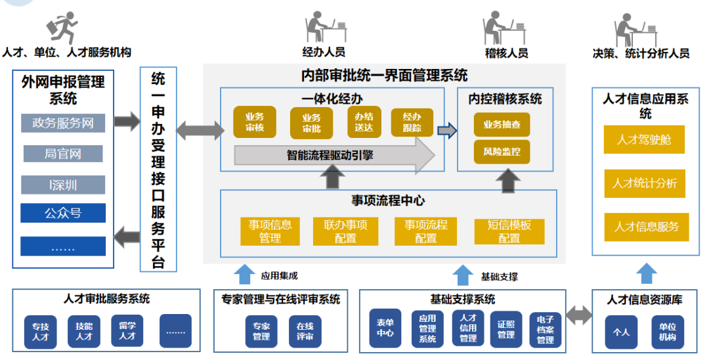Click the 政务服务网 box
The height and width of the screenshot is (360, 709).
click(63, 123)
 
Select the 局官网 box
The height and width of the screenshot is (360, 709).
click(63, 154)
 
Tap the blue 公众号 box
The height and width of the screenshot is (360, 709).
click(63, 212)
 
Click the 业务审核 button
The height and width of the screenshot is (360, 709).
click(254, 122)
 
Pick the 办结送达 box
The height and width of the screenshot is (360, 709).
click(364, 122)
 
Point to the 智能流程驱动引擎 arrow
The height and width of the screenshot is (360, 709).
click(335, 156)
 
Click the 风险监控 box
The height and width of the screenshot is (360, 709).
click(502, 152)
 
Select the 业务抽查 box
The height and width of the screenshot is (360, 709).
click(502, 124)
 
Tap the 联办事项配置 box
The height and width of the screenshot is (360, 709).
click(345, 231)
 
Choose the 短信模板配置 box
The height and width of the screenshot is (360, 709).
click(509, 231)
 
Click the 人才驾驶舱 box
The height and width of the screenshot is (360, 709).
click(644, 140)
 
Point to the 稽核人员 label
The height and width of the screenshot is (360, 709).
click(506, 53)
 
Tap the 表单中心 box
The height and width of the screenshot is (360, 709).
click(385, 328)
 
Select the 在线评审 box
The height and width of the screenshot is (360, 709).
click(305, 331)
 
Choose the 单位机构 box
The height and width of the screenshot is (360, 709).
click(668, 332)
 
